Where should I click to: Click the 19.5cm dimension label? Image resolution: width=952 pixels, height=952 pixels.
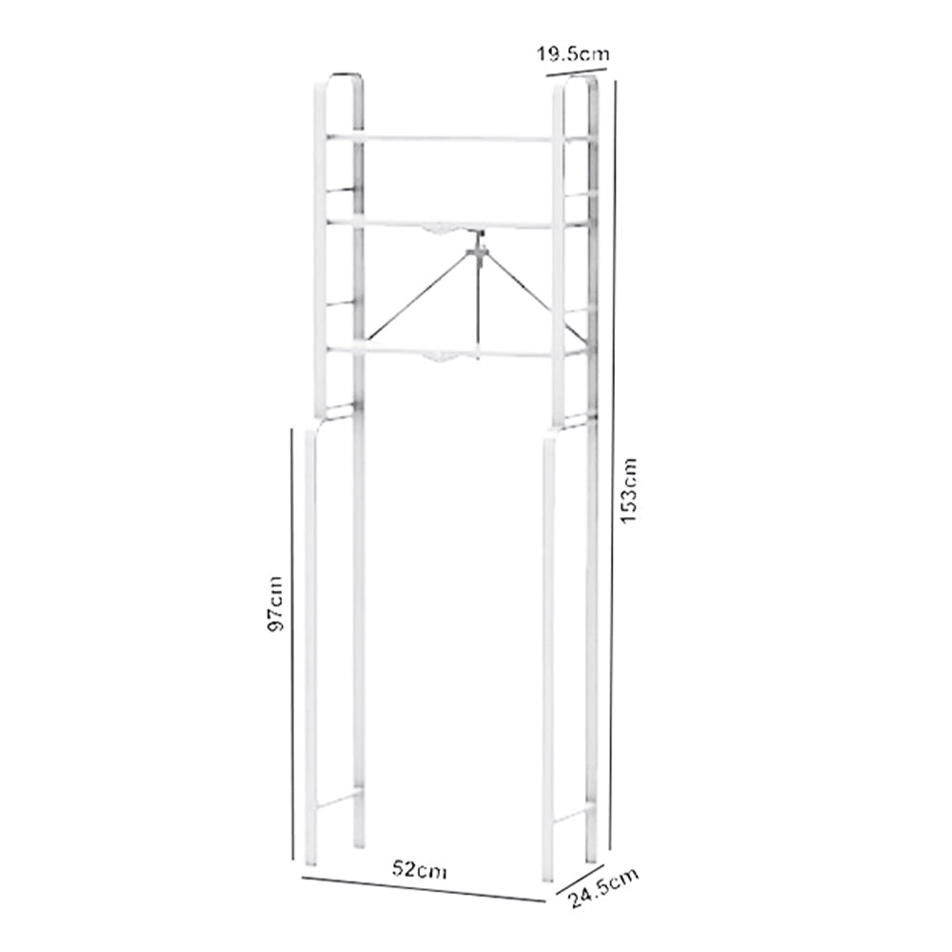[x=571, y=55]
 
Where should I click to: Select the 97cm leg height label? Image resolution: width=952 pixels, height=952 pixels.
[x=275, y=604]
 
